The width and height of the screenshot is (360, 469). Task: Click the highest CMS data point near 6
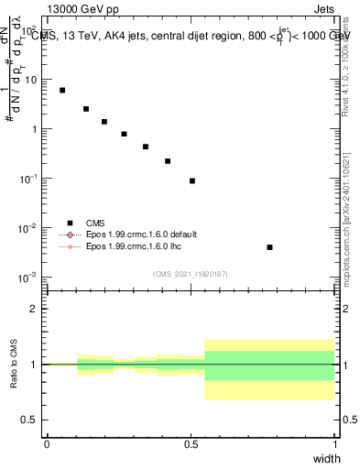point(62,90)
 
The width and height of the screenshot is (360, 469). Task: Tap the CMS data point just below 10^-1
point(192,180)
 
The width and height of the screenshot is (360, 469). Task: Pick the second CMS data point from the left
point(86,109)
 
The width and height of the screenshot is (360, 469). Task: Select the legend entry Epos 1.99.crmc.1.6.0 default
point(141,234)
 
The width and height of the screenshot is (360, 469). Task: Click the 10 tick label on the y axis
point(30,79)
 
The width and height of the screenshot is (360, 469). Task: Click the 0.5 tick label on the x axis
point(191,443)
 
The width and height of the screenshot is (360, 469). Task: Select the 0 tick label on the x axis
point(47,443)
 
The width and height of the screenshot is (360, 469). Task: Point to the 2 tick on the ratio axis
point(32,309)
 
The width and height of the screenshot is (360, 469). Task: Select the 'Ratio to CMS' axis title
point(14,364)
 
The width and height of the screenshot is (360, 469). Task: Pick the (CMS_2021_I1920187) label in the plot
point(191,274)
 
